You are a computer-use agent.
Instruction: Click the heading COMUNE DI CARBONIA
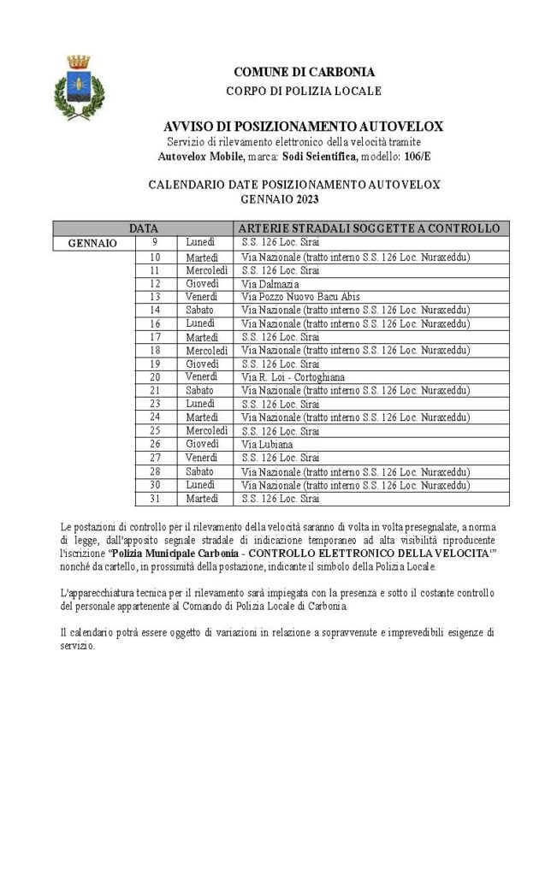point(304,72)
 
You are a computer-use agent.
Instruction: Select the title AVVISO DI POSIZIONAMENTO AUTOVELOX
point(304,127)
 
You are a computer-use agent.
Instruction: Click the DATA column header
point(143,228)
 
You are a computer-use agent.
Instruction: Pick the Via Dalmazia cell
point(270,283)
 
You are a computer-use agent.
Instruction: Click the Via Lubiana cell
point(267,444)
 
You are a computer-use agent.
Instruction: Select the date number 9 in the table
point(155,243)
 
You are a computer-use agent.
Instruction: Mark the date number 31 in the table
point(155,498)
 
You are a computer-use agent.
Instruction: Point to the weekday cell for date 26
point(201,444)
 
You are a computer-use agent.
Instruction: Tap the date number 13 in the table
point(155,297)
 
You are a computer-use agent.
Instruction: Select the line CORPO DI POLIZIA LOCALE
point(304,91)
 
